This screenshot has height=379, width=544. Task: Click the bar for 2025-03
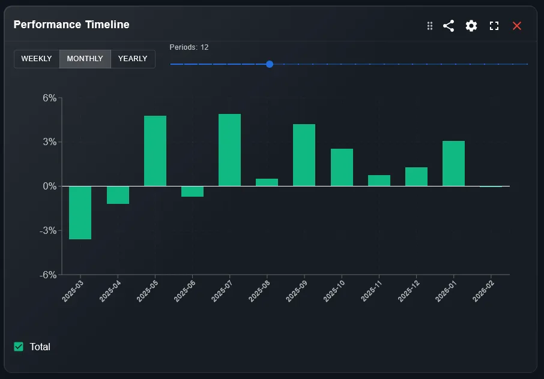click(80, 213)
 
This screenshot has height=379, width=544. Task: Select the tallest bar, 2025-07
click(229, 150)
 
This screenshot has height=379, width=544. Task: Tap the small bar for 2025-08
click(267, 182)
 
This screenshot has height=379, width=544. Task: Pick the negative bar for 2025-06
click(192, 191)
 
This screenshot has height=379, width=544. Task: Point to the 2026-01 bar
click(453, 164)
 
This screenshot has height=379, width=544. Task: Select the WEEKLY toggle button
click(37, 59)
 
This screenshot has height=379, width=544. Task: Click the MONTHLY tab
click(85, 59)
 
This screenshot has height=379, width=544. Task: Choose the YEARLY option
click(133, 59)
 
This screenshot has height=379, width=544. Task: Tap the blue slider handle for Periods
click(270, 64)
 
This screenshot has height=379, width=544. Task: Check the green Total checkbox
click(19, 347)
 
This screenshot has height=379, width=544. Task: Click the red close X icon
click(517, 26)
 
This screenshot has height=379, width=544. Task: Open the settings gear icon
click(471, 26)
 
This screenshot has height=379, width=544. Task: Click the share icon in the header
click(449, 26)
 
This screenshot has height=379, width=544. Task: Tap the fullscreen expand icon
click(494, 26)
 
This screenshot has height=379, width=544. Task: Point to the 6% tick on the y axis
click(49, 98)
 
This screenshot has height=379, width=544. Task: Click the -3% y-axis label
click(48, 231)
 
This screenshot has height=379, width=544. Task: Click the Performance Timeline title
click(71, 25)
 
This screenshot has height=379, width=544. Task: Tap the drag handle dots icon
click(430, 26)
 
